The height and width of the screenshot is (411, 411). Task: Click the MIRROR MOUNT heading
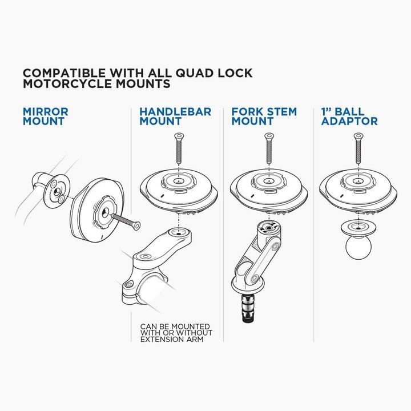click(x=46, y=116)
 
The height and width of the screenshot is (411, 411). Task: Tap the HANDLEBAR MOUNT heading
click(x=175, y=116)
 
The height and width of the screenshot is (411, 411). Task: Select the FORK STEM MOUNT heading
click(x=264, y=116)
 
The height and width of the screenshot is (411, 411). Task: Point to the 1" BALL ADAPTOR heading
click(x=349, y=116)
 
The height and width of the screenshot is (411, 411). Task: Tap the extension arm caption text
click(x=176, y=333)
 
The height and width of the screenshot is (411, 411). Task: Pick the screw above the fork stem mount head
click(x=267, y=149)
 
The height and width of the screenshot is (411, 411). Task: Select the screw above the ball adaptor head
click(x=358, y=149)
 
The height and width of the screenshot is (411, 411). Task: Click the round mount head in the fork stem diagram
click(x=267, y=188)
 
